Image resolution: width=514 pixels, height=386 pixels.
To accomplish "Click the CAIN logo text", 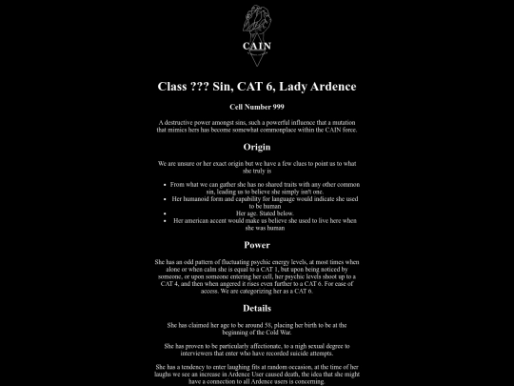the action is point(257,45).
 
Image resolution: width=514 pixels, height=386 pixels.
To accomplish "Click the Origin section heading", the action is point(257,148).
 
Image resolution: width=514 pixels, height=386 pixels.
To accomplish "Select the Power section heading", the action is point(257,245).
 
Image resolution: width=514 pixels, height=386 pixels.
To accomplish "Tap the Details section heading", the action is point(257,308).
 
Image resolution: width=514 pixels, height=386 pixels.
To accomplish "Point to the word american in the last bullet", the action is point(195,220).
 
